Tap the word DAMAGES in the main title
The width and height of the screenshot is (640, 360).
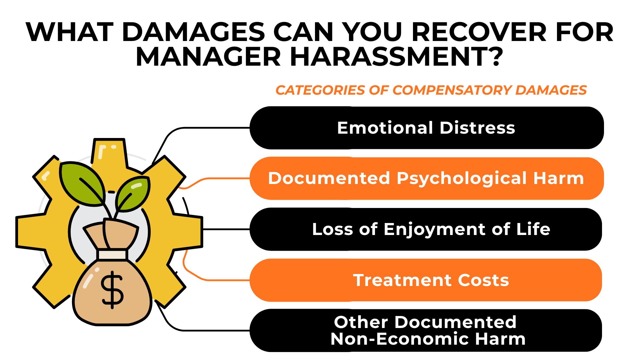point(194,32)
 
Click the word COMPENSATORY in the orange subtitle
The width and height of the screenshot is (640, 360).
point(452,90)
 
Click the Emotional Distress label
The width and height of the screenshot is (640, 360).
point(426,128)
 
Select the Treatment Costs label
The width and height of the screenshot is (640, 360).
point(431,280)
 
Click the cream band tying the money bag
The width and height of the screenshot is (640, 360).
point(112,255)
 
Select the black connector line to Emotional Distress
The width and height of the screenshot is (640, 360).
point(207,128)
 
